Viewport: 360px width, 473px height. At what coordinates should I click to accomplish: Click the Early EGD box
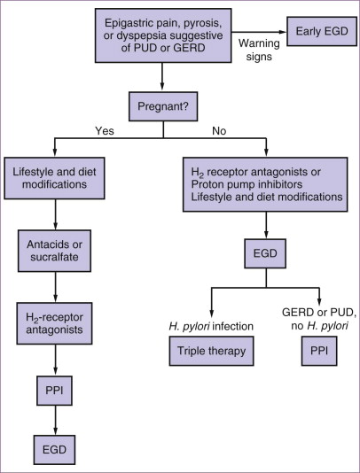322,31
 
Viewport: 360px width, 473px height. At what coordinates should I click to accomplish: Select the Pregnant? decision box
163,106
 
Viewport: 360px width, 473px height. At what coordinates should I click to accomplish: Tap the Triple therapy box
211,351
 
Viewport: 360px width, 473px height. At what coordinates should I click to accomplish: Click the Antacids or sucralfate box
54,251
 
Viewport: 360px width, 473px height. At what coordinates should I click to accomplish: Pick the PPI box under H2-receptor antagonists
54,391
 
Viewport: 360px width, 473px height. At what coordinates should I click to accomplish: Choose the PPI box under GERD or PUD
319,351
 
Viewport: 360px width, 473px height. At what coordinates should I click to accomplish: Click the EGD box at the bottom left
54,450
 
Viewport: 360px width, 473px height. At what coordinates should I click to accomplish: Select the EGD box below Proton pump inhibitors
265,253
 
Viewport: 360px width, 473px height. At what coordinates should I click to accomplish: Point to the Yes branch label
105,131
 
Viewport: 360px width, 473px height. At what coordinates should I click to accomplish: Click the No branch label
219,131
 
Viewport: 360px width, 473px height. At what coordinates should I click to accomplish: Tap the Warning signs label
259,50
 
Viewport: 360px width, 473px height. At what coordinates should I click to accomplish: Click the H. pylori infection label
211,326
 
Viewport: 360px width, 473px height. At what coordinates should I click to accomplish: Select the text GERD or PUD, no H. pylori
319,319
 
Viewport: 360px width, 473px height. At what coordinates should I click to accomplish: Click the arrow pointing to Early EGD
259,32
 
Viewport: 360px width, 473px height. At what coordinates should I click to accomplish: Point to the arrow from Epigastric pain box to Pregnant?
162,76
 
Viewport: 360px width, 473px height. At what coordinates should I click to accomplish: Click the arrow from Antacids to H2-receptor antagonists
55,287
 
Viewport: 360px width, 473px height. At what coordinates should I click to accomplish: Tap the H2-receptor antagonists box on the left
54,323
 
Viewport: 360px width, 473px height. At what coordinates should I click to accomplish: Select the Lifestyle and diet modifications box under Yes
54,178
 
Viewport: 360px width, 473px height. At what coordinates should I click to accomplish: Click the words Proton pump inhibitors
247,184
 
